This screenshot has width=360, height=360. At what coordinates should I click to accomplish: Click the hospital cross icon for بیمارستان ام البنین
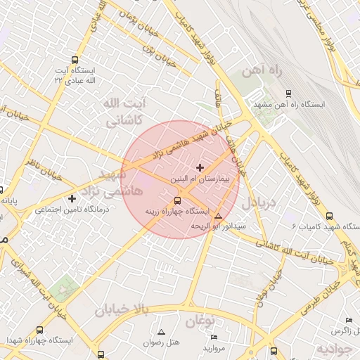point(200,167)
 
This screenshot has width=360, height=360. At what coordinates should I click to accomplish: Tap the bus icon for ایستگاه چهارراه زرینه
point(177,200)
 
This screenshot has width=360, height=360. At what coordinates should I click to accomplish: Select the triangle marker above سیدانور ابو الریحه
point(219,216)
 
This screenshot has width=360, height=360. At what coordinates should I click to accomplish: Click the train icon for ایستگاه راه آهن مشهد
point(288,94)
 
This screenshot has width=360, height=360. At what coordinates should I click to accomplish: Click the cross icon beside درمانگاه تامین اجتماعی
point(72,199)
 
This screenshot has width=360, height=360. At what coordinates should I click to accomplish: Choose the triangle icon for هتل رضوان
point(162,332)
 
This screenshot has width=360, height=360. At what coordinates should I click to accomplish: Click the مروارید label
point(213,347)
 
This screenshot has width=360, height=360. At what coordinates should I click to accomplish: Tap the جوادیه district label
point(333,349)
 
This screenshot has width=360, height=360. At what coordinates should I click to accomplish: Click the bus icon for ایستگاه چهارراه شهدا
point(39,330)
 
